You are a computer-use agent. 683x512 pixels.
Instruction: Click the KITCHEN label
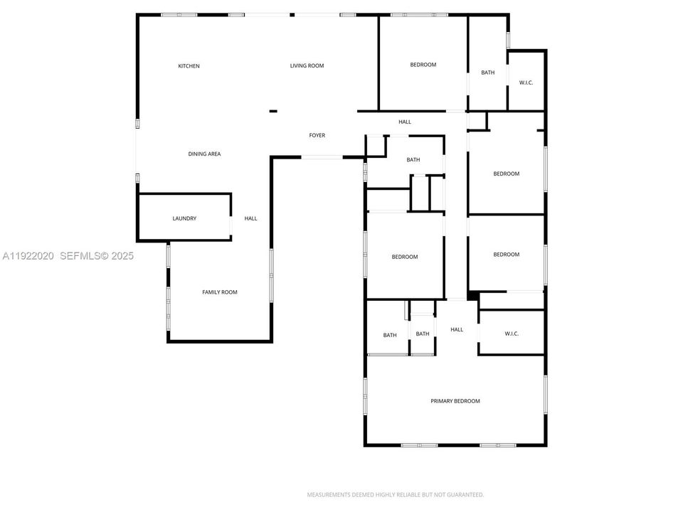coord(189,66)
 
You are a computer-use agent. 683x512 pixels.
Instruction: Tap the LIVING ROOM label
coord(307,66)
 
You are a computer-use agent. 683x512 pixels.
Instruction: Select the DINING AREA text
coord(204,154)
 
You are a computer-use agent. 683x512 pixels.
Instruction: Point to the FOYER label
coord(317,135)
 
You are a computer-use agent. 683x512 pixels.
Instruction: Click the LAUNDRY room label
coord(184,218)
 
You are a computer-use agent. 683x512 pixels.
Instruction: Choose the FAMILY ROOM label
coord(220,292)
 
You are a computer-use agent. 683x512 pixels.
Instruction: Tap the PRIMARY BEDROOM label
coord(455,401)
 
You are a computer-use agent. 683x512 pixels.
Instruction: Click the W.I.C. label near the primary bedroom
coord(512,334)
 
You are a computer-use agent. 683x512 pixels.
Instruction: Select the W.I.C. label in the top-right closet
coord(526,82)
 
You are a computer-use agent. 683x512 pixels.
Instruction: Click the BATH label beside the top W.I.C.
coord(487,72)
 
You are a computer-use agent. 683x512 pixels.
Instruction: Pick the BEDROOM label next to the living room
coord(423,65)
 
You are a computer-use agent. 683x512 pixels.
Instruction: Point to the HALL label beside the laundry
coord(250,218)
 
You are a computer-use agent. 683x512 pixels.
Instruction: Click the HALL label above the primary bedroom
coord(457,329)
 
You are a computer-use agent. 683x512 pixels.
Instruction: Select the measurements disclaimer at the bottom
coord(396,494)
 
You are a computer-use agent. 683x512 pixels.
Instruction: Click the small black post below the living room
coord(273,111)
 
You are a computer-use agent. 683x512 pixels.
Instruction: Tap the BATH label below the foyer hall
coord(413,160)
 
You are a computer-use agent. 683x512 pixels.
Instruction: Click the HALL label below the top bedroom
coord(405,122)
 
